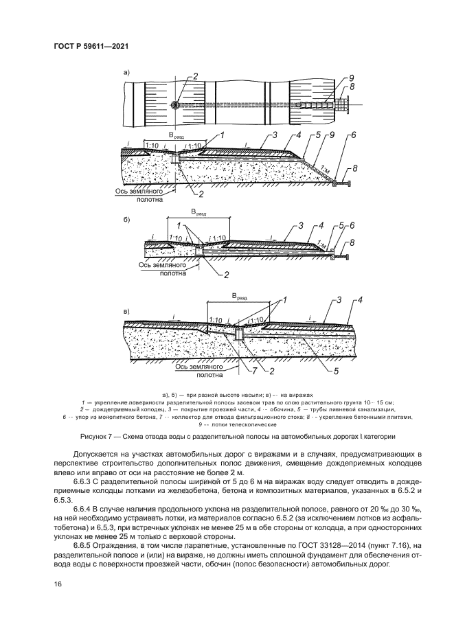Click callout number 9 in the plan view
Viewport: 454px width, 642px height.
pos(351,77)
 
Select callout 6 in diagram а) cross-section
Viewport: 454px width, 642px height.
pos(352,136)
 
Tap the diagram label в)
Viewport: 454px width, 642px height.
pos(126,312)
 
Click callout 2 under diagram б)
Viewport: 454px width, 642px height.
pos(226,275)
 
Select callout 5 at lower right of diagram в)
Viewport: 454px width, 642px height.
pos(337,371)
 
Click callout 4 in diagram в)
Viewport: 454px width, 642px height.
pos(358,300)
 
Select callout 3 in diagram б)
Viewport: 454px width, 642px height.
pos(300,225)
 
